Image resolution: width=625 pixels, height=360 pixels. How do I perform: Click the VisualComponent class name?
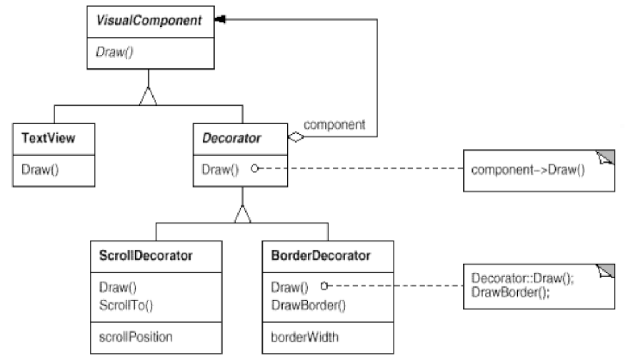pos(149,21)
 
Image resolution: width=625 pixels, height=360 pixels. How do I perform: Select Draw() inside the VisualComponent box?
pos(115,52)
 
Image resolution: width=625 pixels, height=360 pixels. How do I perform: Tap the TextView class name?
pos(48,138)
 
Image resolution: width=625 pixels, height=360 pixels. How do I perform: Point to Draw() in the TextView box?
pos(40,169)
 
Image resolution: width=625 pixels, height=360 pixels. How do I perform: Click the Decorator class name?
pos(232,138)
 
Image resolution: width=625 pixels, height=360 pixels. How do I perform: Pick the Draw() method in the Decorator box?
pos(220,169)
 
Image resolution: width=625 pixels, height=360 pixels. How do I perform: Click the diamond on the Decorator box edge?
pos(296,137)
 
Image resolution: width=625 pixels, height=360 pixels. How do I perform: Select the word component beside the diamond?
pos(334,125)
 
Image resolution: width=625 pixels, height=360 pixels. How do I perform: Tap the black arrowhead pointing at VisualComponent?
pos(220,19)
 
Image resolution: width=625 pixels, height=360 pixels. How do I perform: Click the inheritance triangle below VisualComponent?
pos(148,96)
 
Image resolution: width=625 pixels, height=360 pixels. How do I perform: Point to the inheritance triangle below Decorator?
pos(243,214)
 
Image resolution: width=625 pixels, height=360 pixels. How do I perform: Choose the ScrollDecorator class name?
pos(146,256)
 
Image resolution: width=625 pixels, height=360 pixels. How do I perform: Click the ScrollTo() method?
pos(126,305)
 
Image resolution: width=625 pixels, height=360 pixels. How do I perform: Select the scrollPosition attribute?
pos(136,337)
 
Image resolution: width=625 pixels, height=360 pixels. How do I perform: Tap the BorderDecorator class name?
pos(321,256)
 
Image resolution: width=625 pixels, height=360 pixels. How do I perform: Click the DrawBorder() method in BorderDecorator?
pos(309,305)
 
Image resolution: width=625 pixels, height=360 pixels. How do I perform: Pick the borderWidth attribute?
pos(305,337)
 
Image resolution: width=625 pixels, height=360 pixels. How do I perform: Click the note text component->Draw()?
pos(528,170)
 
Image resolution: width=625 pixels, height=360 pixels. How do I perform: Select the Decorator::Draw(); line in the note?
pos(523,278)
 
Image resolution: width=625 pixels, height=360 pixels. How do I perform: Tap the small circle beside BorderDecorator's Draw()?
pos(324,286)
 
